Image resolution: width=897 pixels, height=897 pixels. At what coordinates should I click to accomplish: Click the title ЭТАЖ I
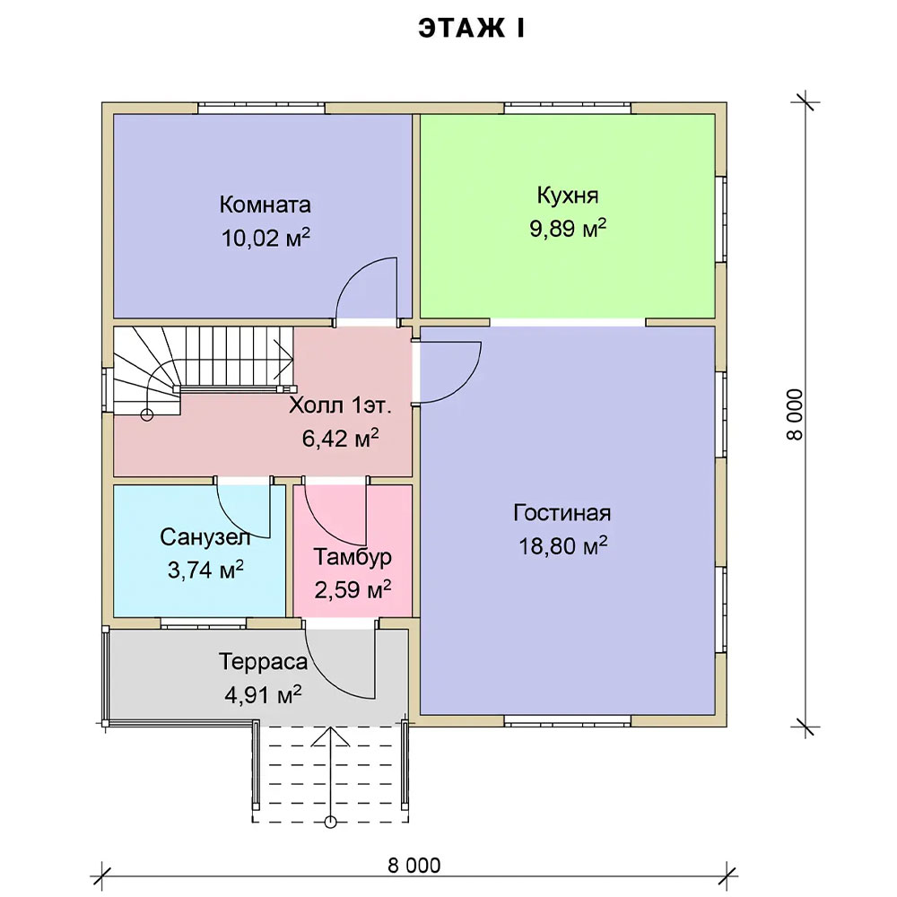471,29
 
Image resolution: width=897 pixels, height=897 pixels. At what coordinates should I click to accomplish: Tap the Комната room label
265,205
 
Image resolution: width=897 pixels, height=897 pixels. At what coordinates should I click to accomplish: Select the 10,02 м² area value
266,237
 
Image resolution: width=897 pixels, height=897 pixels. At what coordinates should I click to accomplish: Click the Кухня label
568,196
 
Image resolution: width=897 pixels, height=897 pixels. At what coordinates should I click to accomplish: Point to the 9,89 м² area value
568,228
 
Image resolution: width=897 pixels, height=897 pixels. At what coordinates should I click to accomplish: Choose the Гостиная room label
562,512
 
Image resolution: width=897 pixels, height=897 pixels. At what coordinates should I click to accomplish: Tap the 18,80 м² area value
562,545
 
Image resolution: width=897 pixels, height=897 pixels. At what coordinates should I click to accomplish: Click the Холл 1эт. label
340,405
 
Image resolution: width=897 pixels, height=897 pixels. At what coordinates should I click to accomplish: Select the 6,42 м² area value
340,438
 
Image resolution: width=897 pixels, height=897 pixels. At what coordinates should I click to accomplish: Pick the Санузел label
205,536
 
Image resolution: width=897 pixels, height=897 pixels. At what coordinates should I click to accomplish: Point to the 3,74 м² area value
205,570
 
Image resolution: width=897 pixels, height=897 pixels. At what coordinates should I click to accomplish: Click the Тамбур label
353,557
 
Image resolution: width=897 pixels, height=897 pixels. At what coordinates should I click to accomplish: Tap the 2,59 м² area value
353,589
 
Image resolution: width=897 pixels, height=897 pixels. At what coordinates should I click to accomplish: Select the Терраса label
263,662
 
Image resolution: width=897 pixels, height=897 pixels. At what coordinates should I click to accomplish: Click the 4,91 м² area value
263,695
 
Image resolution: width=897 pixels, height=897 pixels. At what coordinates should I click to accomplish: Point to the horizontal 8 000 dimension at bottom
414,866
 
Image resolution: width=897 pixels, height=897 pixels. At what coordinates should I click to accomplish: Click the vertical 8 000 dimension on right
795,414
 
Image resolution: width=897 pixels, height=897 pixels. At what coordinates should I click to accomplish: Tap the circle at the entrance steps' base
330,822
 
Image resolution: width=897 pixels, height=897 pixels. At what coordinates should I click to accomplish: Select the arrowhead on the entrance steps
330,736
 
